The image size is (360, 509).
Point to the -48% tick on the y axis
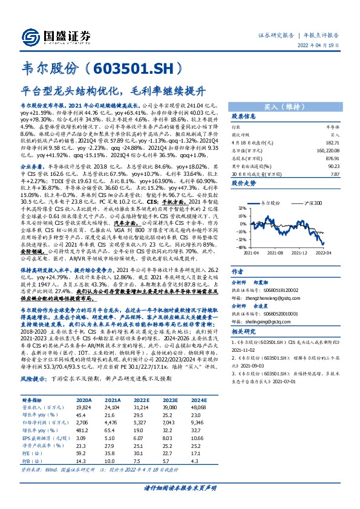[241, 247]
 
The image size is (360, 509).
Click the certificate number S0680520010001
[284, 314]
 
